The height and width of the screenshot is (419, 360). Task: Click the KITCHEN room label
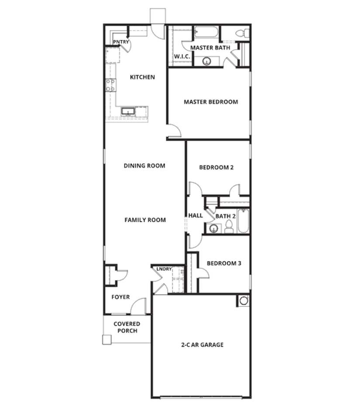tap(142, 77)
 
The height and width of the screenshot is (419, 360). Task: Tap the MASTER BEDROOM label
tap(211, 102)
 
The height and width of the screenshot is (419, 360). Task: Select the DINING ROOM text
tap(144, 166)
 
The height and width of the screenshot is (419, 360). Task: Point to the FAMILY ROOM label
tap(145, 220)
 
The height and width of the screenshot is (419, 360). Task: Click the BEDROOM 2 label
tap(216, 168)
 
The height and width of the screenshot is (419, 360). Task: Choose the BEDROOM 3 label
tap(224, 264)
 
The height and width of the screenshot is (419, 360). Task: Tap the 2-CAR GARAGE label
tap(202, 345)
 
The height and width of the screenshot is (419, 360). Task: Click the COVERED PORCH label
tap(127, 327)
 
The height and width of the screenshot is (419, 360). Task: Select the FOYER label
tap(121, 297)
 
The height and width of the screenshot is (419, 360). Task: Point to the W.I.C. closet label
tap(182, 57)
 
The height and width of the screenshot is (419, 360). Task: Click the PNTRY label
tap(121, 42)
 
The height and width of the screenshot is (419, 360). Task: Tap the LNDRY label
tap(164, 269)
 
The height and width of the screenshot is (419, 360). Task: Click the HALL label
tap(195, 216)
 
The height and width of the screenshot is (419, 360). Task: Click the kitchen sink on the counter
tap(128, 111)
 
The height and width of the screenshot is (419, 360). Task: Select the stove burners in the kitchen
tap(110, 85)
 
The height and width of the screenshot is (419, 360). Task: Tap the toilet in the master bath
tap(243, 34)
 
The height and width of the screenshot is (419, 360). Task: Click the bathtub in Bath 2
tap(243, 221)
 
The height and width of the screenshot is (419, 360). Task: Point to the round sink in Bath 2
tap(213, 229)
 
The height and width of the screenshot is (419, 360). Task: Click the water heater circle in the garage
tap(243, 301)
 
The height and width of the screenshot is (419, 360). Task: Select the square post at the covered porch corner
tap(107, 340)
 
